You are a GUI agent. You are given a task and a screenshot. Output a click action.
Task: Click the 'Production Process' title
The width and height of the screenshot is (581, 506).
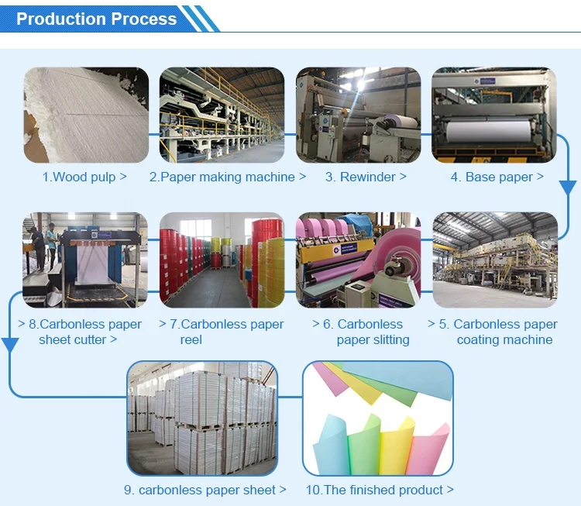(96, 19)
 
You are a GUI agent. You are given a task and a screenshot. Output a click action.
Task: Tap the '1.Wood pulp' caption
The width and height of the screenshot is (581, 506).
(84, 177)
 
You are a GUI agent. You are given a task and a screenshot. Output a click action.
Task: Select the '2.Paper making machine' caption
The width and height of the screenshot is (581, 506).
(228, 177)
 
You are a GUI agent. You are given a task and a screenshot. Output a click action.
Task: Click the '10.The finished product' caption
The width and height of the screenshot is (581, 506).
(380, 490)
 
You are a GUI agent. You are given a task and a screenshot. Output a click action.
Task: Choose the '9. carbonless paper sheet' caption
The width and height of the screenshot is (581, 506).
(205, 490)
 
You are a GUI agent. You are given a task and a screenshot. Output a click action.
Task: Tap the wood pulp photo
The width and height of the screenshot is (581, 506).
(85, 115)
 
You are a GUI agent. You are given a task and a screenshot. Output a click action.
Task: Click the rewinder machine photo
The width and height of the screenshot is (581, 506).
(358, 115)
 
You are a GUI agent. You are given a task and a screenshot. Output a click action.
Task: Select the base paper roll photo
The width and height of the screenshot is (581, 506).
(494, 115)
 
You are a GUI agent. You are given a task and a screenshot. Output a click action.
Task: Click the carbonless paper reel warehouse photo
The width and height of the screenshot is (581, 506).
(222, 260)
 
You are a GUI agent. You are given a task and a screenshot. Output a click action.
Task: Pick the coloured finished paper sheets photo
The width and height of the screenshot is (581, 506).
(377, 418)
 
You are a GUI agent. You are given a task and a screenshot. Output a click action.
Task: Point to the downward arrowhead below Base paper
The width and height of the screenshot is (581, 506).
(568, 188)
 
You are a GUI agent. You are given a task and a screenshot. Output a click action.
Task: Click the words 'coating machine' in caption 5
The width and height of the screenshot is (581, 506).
(504, 339)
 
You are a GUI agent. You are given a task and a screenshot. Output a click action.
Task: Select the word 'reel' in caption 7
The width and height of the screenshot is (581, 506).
(191, 339)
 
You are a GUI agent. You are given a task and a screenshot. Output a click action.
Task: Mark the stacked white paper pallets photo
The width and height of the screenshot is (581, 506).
(202, 418)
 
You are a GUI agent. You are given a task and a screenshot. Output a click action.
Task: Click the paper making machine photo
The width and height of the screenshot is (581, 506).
(222, 115)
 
